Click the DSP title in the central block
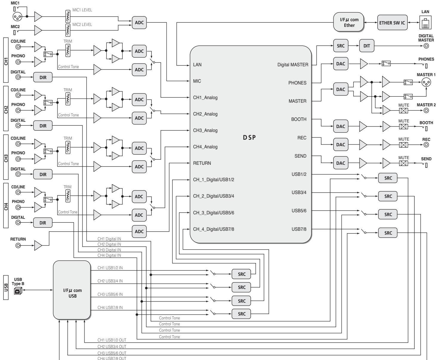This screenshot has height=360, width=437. [x=249, y=138]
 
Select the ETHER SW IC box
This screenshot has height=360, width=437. [x=392, y=23]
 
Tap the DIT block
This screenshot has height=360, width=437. [x=367, y=46]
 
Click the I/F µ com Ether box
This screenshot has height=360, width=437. [x=349, y=22]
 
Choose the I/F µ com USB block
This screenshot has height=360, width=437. [x=72, y=290]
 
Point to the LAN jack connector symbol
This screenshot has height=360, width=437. [x=425, y=23]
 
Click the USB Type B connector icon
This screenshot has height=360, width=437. [x=18, y=291]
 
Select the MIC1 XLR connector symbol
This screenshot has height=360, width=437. [x=17, y=17]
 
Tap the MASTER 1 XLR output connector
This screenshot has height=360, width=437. [x=426, y=82]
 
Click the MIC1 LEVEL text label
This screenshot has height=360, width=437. [x=82, y=10]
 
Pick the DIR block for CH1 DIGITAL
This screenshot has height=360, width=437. [x=43, y=77]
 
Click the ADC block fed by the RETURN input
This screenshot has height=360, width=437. [x=139, y=231]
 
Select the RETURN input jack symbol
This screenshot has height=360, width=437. [x=18, y=246]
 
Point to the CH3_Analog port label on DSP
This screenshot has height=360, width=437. [x=205, y=130]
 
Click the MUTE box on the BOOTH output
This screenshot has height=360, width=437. [x=403, y=127]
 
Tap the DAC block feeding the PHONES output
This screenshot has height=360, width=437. [x=341, y=64]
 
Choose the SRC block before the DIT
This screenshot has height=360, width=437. [x=341, y=46]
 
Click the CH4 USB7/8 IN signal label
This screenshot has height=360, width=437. [x=110, y=307]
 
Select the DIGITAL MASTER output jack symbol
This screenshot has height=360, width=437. [x=426, y=46]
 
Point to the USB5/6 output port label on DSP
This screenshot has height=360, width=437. [x=299, y=211]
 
